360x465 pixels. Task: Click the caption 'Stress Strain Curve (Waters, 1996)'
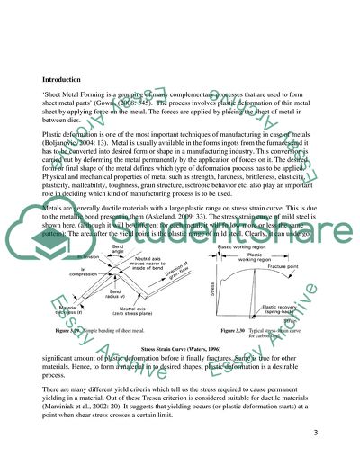coord(179,348)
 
